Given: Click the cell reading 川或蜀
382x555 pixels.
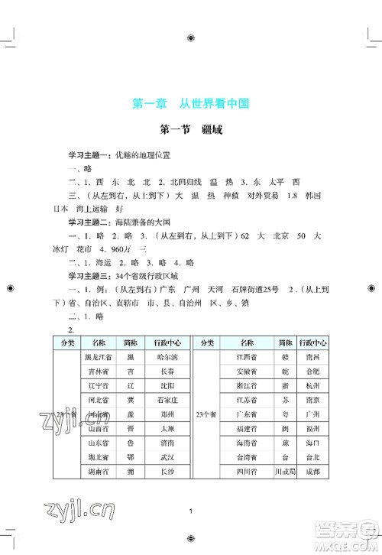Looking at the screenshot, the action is pyautogui.click(x=285, y=472).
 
